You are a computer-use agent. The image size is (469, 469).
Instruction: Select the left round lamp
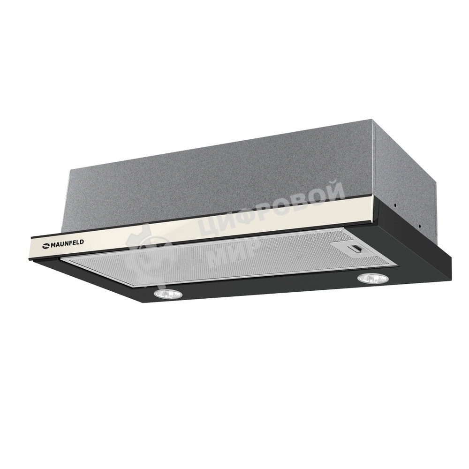pos(168,295)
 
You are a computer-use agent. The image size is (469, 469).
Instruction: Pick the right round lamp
pos(373,279)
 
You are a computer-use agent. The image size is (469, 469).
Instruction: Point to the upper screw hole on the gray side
pos(395,205)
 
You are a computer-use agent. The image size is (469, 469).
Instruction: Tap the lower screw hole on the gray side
pos(419,226)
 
